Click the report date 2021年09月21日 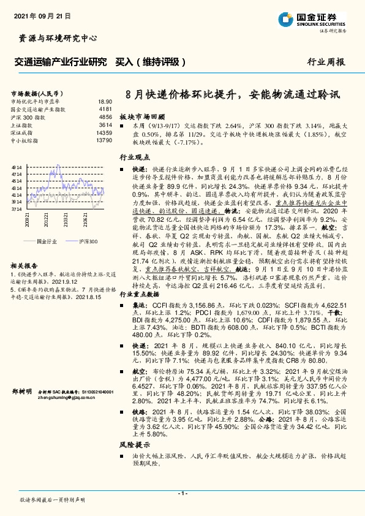tap(42, 14)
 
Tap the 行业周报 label tap(326, 63)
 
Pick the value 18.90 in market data tap(105, 101)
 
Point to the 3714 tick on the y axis tap(17, 209)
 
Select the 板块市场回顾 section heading tap(142, 116)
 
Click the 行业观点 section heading tap(133, 157)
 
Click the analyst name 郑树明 tap(21, 390)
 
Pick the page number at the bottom tap(182, 493)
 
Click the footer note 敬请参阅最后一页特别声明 tap(53, 500)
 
